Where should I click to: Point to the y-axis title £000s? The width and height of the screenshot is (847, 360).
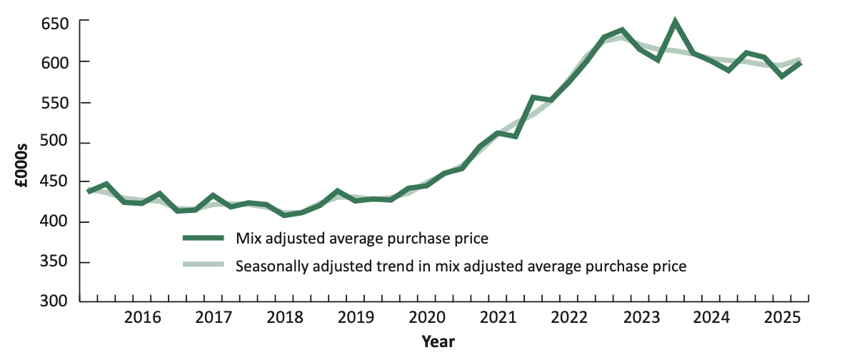point(23,166)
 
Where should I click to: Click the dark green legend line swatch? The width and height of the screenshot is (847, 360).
point(204,237)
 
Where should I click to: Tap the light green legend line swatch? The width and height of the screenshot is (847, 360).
point(204,266)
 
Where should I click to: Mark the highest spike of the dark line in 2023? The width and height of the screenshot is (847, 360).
point(674,22)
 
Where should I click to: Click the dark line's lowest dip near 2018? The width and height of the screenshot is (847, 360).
point(286,214)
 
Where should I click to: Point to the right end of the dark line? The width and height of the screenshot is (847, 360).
point(800,63)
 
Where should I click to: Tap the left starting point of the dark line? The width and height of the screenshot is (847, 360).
point(89,191)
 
